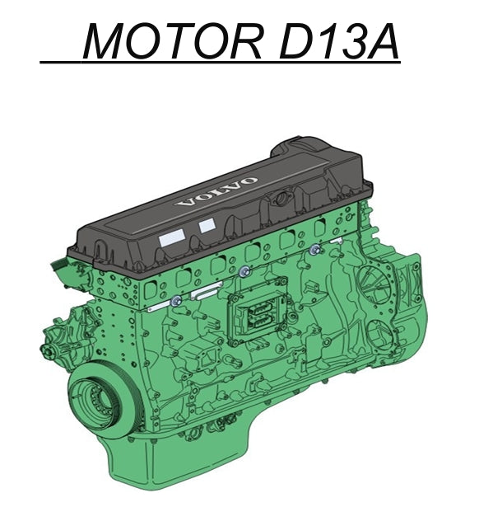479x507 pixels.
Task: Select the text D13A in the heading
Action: [x=338, y=40]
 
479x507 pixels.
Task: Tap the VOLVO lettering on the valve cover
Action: [x=217, y=191]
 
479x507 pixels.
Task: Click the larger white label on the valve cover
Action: [x=172, y=239]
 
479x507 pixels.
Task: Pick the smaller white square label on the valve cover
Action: [x=207, y=225]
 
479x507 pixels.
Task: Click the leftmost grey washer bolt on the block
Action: [x=177, y=301]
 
